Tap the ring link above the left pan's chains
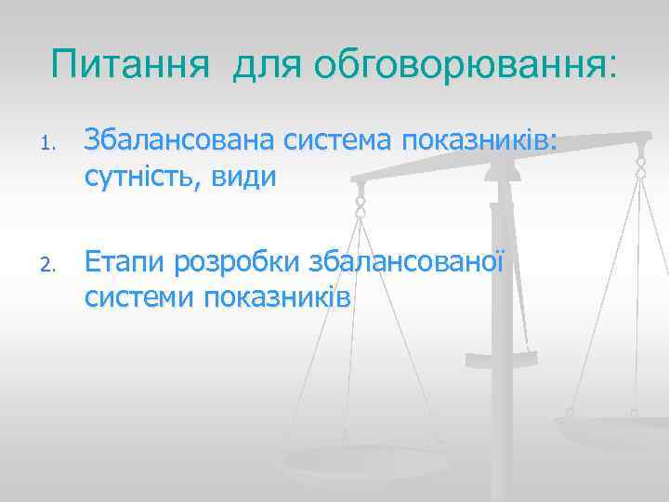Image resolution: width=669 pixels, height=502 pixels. pos(361,205)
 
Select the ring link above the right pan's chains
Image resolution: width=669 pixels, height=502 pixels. pos(640,167)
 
